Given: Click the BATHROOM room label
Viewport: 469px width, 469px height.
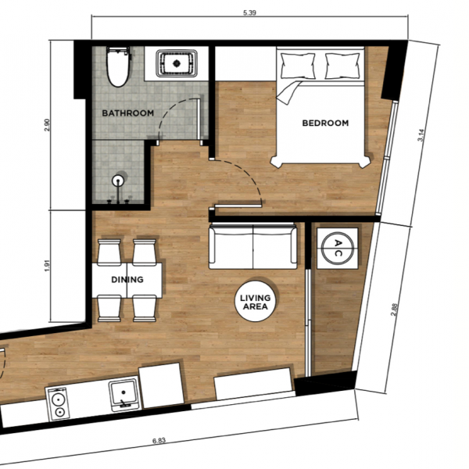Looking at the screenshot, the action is click(x=127, y=113).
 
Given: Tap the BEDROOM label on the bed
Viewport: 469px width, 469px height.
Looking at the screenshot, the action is click(x=325, y=123).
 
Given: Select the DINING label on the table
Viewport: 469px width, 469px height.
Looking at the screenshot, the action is click(x=127, y=279).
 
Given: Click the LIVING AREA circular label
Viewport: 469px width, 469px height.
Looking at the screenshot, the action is click(x=256, y=302).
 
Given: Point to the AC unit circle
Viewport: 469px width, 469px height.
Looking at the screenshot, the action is click(x=338, y=248).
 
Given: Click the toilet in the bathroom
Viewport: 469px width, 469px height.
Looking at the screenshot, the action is click(x=119, y=66).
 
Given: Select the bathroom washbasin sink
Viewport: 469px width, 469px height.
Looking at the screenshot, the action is click(x=177, y=64).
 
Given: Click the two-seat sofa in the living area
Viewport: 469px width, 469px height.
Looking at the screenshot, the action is click(x=253, y=246).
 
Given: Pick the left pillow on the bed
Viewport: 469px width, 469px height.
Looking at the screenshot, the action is click(x=298, y=66).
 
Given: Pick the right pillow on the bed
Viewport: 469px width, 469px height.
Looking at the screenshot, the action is click(x=342, y=66).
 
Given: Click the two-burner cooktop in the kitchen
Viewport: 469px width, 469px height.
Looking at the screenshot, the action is click(x=59, y=404).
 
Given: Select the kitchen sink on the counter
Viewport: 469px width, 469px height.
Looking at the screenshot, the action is click(x=124, y=395).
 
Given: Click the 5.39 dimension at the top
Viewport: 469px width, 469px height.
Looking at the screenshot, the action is click(x=250, y=13).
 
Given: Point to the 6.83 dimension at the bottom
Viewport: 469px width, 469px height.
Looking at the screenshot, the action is click(x=159, y=441).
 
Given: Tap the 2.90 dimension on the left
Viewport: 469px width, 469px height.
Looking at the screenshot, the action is click(x=47, y=125).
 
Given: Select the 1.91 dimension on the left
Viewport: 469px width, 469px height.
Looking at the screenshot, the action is click(x=47, y=265).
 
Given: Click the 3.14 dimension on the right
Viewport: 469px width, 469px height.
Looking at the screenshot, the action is click(x=421, y=135).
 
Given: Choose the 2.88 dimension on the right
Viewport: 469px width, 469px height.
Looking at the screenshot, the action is click(x=394, y=310).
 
